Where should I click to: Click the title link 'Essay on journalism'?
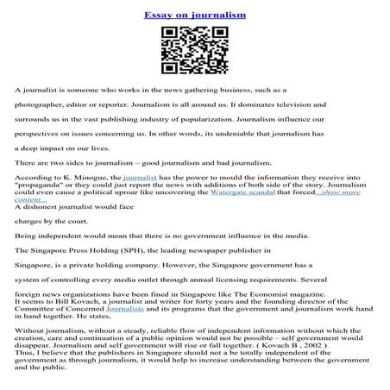[194, 15]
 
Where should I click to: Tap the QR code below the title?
[194, 51]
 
